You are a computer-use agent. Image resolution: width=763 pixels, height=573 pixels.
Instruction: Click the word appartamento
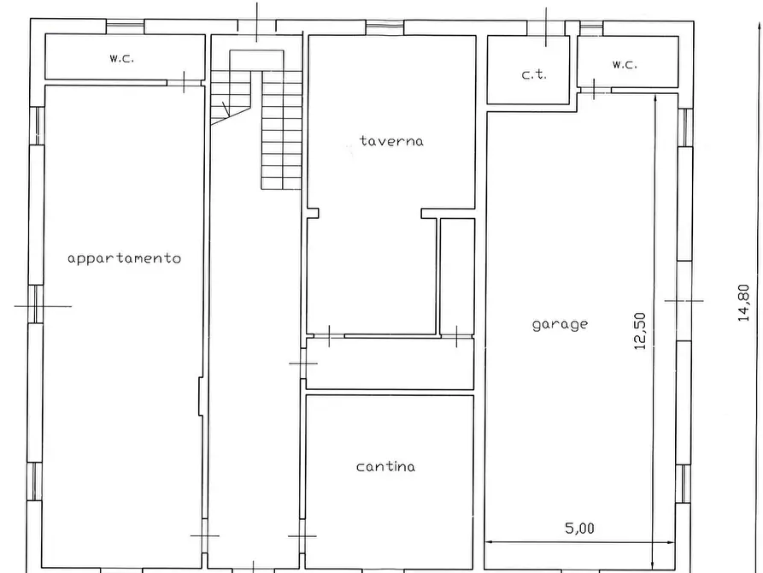coord(124,258)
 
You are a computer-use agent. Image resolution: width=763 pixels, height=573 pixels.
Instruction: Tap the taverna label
coord(391,141)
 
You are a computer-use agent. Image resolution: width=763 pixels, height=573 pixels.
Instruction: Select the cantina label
coord(386,467)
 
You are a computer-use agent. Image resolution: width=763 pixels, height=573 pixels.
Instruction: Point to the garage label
coord(560,325)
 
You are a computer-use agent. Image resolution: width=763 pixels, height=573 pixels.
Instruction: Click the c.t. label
coord(534,74)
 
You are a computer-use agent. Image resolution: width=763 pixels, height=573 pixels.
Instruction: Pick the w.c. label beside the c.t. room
coord(625,64)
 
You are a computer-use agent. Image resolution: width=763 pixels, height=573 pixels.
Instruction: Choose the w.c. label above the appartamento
coord(121,58)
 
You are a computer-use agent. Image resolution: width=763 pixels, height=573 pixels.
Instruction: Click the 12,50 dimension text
coord(640,331)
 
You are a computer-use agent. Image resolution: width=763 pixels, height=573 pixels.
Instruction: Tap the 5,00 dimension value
coord(579,529)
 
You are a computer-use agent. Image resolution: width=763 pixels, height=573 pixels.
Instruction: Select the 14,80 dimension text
coord(743,303)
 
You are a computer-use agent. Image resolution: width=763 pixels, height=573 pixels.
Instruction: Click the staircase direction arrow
coord(226,110)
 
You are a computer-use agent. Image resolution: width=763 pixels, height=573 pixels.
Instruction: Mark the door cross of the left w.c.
coord(184,82)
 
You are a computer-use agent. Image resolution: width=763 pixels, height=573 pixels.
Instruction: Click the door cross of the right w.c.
coord(594,89)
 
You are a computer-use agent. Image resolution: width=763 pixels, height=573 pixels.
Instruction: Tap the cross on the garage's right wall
coord(684,301)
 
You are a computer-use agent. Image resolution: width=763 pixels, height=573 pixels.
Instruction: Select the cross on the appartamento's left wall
coord(37,306)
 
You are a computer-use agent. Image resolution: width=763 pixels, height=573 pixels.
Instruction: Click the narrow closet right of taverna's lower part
coord(457,276)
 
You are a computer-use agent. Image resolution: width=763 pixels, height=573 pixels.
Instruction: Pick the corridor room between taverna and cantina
coord(390,363)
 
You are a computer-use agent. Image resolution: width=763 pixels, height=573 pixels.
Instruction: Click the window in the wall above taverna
coord(384,27)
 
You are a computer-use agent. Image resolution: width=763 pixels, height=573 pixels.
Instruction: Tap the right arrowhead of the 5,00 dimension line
coord(674,542)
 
